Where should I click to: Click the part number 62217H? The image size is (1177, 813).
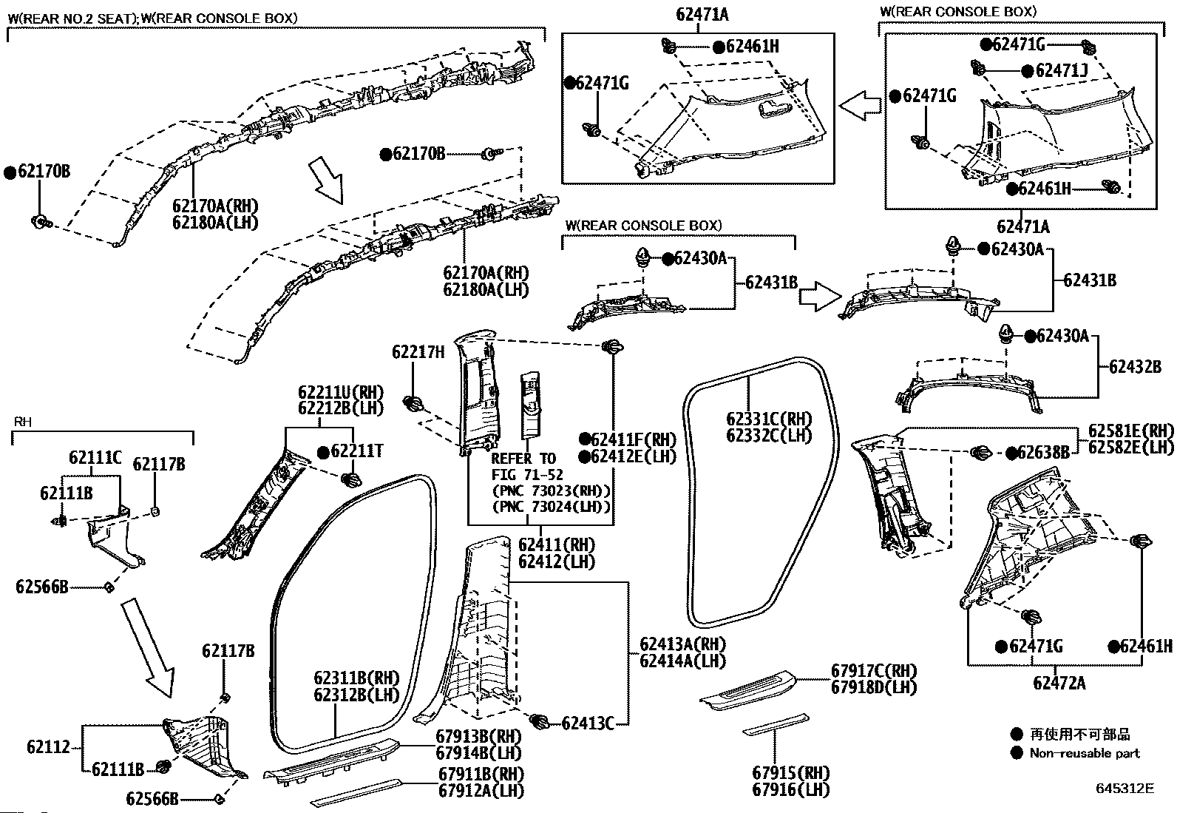click(x=418, y=352)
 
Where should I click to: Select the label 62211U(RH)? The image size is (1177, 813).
click(x=341, y=392)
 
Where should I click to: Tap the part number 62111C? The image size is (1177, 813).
click(x=95, y=457)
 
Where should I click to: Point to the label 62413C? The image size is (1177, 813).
click(x=588, y=723)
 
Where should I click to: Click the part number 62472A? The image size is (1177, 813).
click(x=1059, y=683)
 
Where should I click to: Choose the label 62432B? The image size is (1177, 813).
click(x=1135, y=366)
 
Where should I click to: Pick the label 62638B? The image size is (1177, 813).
click(x=1043, y=452)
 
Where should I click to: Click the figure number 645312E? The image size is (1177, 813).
click(x=1125, y=789)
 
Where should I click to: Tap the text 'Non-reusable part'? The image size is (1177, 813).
click(x=1085, y=753)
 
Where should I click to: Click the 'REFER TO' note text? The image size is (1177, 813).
click(x=523, y=459)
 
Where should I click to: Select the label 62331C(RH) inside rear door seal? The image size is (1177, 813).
click(x=769, y=419)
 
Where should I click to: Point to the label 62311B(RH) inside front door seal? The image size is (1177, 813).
click(x=357, y=678)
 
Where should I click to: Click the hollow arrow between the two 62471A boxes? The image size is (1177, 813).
click(x=860, y=105)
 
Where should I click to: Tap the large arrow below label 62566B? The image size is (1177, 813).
click(x=148, y=647)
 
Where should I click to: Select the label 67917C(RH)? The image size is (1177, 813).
click(x=874, y=670)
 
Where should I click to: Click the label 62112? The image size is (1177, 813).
click(x=48, y=746)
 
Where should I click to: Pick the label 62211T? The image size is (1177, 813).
click(x=357, y=451)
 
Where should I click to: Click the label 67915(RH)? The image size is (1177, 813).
click(x=791, y=772)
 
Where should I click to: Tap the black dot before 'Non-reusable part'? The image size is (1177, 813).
click(x=1017, y=753)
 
